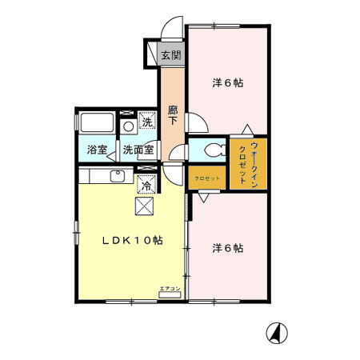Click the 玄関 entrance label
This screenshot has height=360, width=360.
coord(170,56)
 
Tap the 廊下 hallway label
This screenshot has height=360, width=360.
coord(173,116)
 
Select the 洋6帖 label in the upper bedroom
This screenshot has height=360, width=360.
coord(228,82)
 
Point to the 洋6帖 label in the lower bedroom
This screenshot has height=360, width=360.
coord(228,248)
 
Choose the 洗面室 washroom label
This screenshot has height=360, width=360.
coord(139,150)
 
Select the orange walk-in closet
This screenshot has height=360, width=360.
coord(248,164)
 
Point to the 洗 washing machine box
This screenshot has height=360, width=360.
coord(146,122)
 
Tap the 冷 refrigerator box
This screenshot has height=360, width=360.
coord(146,185)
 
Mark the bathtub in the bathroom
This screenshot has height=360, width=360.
coord(98,124)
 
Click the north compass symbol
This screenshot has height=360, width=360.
coord(277,333)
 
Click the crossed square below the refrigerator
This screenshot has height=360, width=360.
coord(145,206)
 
